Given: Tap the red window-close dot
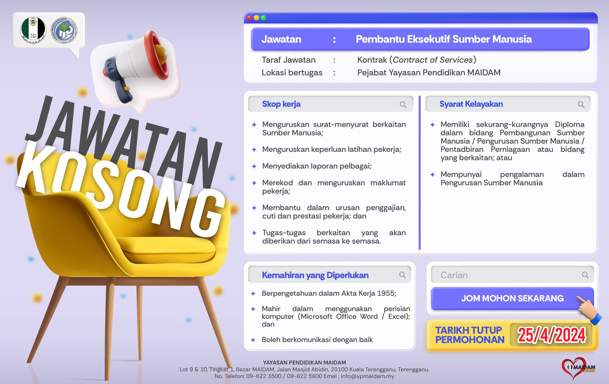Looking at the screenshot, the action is point(250,18).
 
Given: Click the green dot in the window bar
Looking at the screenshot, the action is point(263,18).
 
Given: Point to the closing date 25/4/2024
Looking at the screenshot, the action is point(552,335).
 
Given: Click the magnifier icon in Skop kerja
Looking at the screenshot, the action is point(403,104).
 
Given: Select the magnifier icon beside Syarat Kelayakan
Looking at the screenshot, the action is point(581,104).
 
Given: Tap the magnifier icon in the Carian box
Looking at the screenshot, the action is point(585,275).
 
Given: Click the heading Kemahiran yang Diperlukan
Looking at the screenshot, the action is point(315,275).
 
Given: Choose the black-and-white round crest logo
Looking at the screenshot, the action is point(33,30).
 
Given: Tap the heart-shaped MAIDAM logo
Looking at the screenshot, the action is point(578,368).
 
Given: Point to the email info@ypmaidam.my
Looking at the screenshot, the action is point(368,376).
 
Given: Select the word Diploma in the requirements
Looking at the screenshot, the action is point(570,124).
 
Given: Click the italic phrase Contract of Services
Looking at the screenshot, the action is point(433,60).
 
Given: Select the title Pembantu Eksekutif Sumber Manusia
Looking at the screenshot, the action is point(444,39).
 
